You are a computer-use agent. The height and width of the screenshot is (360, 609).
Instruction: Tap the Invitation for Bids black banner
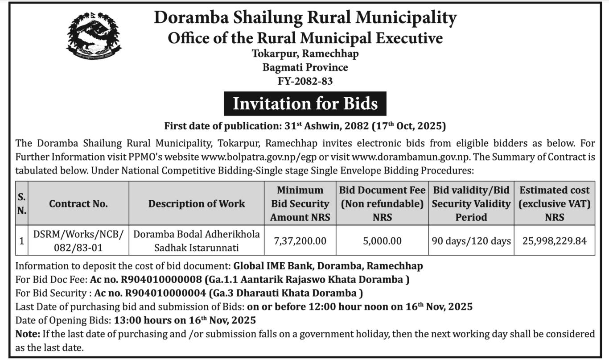tap(305, 103)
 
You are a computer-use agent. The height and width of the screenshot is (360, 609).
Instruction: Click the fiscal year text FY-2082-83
tap(305, 81)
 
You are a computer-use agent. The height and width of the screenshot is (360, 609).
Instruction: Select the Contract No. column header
tap(78, 203)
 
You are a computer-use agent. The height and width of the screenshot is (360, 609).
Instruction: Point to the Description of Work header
tap(197, 203)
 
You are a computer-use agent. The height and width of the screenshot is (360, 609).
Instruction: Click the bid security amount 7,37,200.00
tap(300, 241)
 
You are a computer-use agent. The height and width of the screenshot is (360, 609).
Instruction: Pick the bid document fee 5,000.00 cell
tap(382, 241)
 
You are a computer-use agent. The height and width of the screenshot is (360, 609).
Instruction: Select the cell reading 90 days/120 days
tap(471, 241)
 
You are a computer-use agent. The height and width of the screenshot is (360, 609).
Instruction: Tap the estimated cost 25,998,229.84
tap(554, 241)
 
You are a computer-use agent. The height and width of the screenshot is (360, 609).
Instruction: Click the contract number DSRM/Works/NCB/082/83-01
tap(78, 240)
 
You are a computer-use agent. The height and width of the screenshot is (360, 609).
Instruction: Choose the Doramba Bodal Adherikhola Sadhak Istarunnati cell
tap(197, 240)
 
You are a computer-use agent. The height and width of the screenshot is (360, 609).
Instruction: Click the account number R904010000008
tap(165, 280)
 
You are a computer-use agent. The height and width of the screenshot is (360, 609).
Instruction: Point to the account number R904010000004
tap(165, 293)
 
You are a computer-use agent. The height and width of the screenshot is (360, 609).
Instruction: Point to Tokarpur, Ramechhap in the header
tap(305, 54)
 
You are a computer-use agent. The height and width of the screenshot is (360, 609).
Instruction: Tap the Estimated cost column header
tap(554, 203)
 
